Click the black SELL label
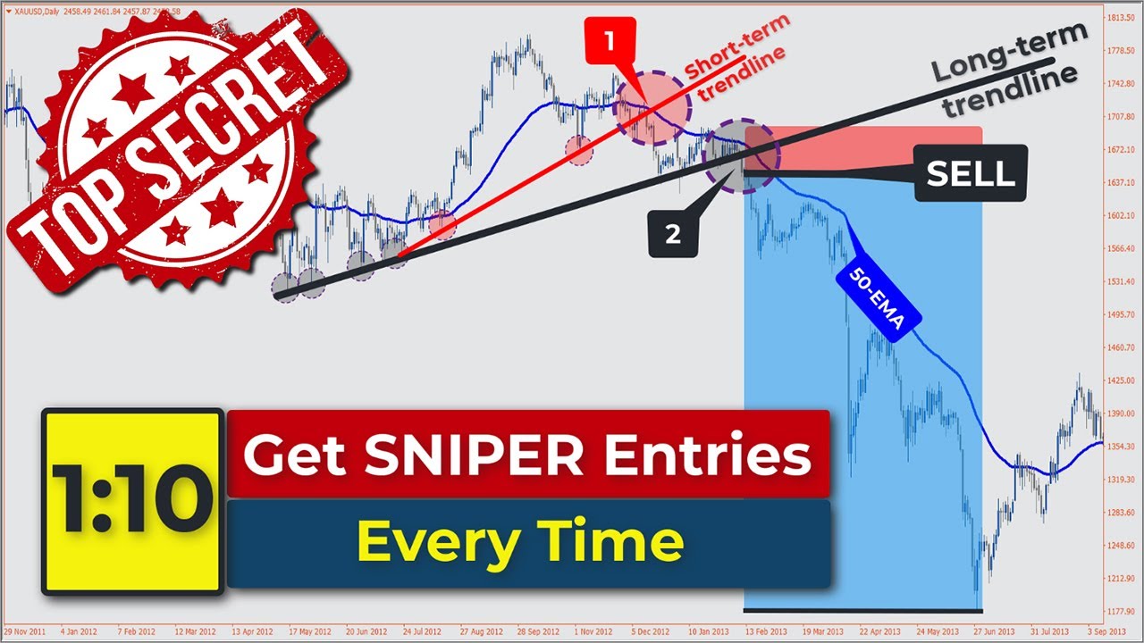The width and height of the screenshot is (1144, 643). coord(971,174)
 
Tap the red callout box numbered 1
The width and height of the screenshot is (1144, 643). coord(609,41)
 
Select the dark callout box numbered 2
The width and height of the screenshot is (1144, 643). coord(672,234)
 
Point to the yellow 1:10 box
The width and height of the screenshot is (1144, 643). coord(132,501)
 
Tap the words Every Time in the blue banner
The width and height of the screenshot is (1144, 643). coord(520,541)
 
